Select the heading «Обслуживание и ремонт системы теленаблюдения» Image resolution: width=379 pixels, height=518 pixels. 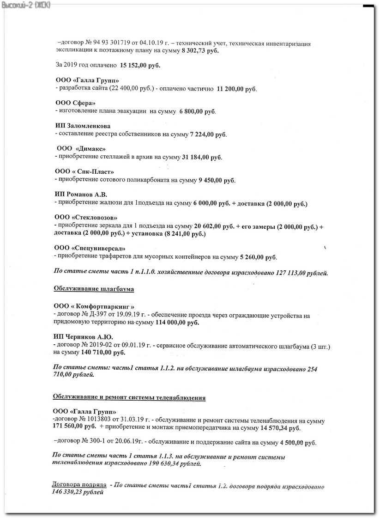[129, 397]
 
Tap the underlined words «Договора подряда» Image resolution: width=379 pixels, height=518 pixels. [80, 486]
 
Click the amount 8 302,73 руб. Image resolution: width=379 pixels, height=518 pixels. [199, 51]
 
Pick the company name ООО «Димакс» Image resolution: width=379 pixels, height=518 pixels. [81, 149]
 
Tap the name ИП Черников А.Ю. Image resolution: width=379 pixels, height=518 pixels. [84, 337]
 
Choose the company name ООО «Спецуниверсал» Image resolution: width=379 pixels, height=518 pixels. [90, 248]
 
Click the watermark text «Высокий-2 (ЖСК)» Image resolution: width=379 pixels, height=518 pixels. [26, 5]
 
